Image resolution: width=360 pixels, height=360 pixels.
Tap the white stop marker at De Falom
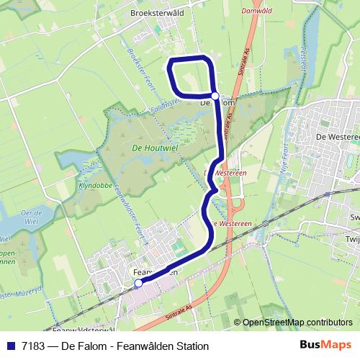[x=215, y=95]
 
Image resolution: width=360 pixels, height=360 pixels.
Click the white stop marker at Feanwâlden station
[x=138, y=284]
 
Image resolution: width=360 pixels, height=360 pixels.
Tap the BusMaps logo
[x=325, y=346]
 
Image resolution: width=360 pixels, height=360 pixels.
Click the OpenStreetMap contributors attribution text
[x=297, y=323]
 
